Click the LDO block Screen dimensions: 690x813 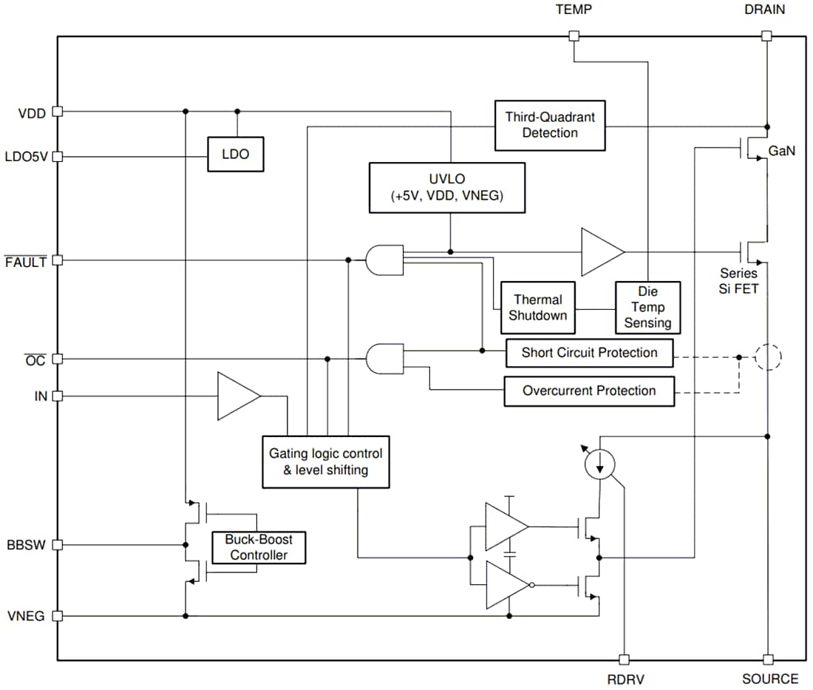click(x=235, y=155)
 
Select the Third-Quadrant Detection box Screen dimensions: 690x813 click(x=549, y=125)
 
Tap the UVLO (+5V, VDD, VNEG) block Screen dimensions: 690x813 click(x=447, y=188)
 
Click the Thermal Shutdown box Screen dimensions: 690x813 click(x=538, y=308)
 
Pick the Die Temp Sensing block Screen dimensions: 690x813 click(x=647, y=308)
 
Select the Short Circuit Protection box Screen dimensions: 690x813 click(x=589, y=353)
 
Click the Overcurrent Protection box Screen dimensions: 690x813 click(x=589, y=390)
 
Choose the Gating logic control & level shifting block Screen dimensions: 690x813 click(x=326, y=461)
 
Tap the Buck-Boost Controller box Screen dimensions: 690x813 click(x=258, y=547)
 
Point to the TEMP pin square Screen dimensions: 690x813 click(x=574, y=35)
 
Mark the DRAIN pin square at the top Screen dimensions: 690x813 click(x=766, y=35)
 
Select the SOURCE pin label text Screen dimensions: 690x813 click(x=770, y=679)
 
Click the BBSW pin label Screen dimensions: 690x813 click(x=26, y=546)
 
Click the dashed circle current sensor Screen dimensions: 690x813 click(x=767, y=358)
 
